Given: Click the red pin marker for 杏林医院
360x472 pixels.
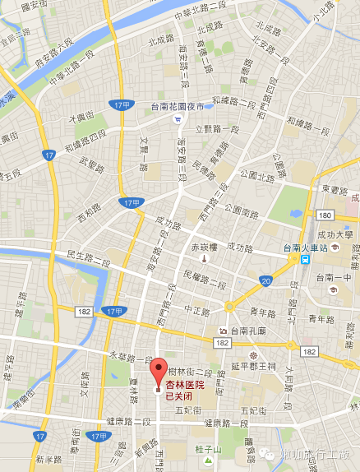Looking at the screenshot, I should coord(159,371).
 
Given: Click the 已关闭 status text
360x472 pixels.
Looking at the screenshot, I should coord(181,396).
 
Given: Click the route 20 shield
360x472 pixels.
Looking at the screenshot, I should coord(265,281).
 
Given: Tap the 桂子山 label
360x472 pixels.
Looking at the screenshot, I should coord(208,449).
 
